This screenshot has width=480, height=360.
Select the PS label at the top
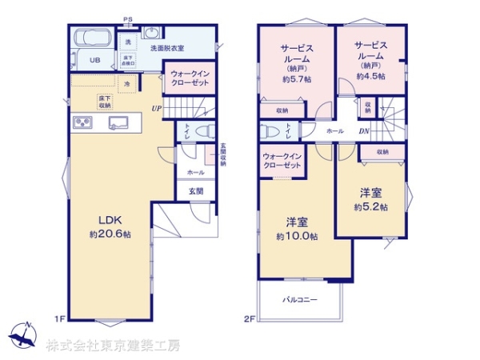(128, 18)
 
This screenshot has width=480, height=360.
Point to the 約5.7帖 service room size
(296, 80)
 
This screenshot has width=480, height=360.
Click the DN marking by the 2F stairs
(363, 131)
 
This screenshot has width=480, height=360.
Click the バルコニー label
(299, 300)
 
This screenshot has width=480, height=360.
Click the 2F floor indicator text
(248, 318)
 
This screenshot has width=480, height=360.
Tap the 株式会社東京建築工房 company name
(112, 346)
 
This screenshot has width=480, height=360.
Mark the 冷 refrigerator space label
(126, 83)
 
